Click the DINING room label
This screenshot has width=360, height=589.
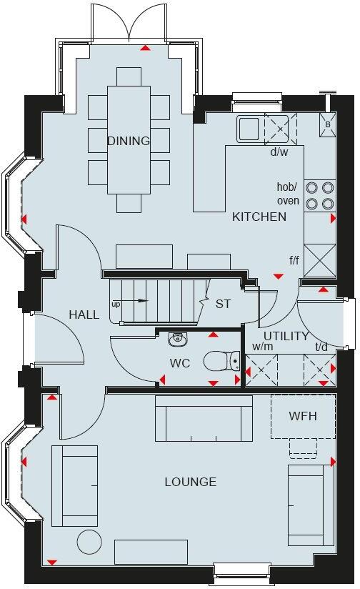pos(129,141)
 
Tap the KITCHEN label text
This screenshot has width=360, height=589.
pos(259,217)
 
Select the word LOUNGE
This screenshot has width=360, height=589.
pos(190,482)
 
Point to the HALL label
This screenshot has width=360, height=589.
pos(84,315)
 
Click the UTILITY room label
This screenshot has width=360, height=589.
pos(286,335)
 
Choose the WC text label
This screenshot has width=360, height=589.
pos(179,363)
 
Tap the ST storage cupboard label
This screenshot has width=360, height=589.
pos(223,304)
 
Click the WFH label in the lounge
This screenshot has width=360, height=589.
pos(302,415)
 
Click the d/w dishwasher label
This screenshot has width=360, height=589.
pos(279,152)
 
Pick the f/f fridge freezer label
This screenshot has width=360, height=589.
pos(294,261)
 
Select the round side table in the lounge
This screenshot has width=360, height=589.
pos(90,541)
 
